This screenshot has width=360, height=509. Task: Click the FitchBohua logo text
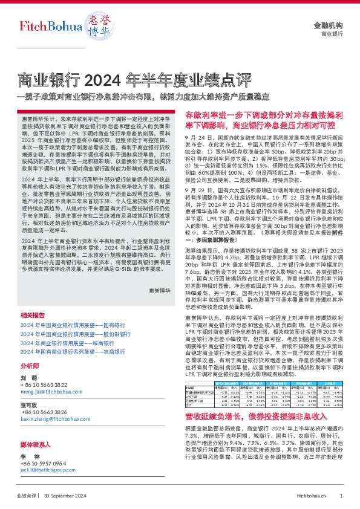(44, 27)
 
